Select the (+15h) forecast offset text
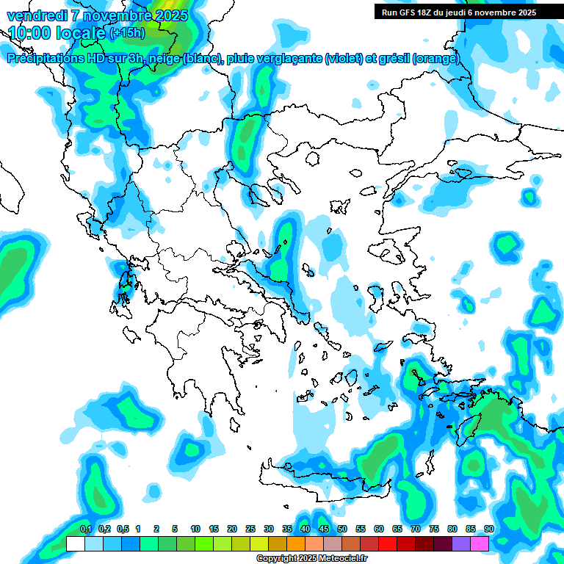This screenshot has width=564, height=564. (x=127, y=32)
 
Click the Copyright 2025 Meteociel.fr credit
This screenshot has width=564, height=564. (x=312, y=559)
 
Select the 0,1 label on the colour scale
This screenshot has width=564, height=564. (x=85, y=529)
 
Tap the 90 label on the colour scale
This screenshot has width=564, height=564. (x=489, y=529)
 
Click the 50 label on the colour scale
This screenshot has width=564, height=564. (x=342, y=529)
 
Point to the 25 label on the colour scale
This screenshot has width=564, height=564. (x=250, y=529)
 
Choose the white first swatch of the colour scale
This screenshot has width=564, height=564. (x=75, y=544)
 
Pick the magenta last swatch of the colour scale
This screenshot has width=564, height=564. (x=480, y=544)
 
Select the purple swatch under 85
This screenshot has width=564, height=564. (x=461, y=544)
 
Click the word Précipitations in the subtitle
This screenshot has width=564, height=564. (x=45, y=59)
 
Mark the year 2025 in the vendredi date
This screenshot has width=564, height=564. (x=167, y=15)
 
